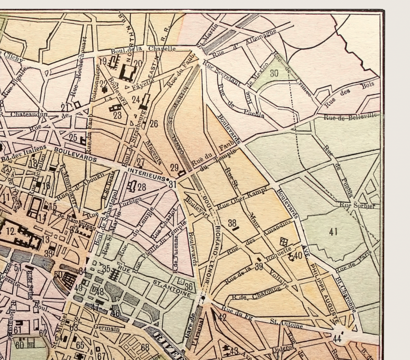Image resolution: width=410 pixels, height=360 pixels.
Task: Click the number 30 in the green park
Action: click(x=274, y=73)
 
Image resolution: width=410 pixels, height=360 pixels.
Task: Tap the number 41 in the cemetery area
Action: click(x=333, y=231)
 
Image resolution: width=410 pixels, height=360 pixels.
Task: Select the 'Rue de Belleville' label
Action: click(x=350, y=117)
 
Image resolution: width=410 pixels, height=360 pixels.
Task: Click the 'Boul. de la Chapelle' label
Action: click(x=144, y=50)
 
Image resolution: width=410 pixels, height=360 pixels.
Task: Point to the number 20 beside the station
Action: click(x=138, y=64)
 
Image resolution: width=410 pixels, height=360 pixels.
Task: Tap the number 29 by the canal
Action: click(x=174, y=167)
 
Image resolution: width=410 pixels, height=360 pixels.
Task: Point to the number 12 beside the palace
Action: click(x=10, y=231)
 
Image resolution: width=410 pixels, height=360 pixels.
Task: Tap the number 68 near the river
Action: click(x=145, y=347)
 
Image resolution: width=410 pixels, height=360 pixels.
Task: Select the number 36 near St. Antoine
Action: click(x=188, y=287)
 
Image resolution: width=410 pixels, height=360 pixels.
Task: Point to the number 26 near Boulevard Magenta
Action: click(x=154, y=123)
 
